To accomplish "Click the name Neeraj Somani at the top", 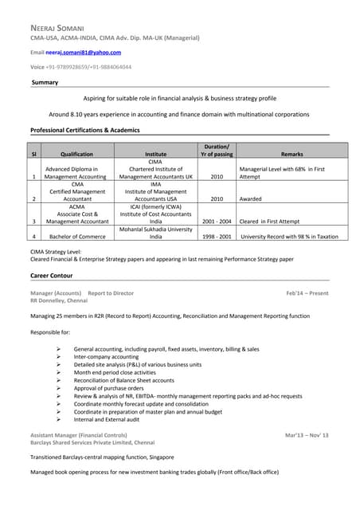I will click(61, 28).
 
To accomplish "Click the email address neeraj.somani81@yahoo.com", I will click(88, 52).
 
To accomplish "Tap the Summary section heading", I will click(44, 83).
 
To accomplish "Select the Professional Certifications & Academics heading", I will click(84, 130).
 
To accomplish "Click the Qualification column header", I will click(76, 154).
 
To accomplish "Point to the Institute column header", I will click(156, 154).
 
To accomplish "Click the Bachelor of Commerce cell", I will click(76, 237).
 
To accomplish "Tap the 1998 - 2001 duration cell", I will click(217, 237).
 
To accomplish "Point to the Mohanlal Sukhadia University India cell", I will click(156, 233).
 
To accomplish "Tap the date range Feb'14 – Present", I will click(307, 293).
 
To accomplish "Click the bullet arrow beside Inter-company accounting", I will click(60, 356).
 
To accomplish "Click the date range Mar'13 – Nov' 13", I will click(307, 434).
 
